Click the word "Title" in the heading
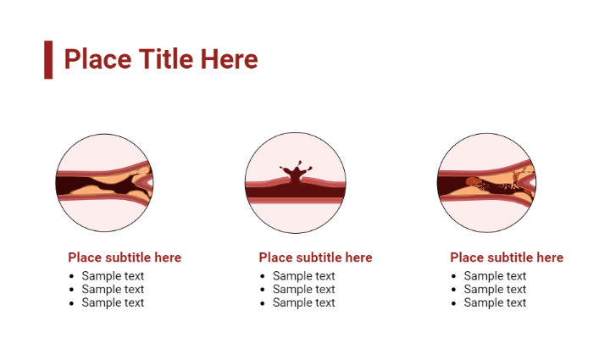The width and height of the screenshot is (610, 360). [x=166, y=59]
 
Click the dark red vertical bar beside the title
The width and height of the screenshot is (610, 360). [x=48, y=59]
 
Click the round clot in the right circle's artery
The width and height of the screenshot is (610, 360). [x=471, y=182]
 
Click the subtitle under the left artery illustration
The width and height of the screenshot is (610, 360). [x=125, y=258]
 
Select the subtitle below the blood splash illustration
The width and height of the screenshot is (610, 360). [x=315, y=258]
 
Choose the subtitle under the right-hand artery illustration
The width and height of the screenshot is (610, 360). [x=507, y=258]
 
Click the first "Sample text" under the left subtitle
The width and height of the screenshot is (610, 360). [x=113, y=276]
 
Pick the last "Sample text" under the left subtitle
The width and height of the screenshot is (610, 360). [x=113, y=302]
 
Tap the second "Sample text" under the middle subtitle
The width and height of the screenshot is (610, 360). [x=303, y=289]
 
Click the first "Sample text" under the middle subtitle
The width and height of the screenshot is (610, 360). [x=303, y=276]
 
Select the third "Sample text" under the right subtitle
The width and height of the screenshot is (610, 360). [x=495, y=302]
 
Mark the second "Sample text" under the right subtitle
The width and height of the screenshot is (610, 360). [x=495, y=289]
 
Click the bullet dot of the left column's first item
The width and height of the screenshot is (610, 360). [x=73, y=276]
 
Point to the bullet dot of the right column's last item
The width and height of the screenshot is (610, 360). [x=455, y=302]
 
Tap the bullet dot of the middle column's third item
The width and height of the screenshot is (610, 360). [x=263, y=302]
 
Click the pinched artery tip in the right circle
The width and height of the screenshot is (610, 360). [x=529, y=179]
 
